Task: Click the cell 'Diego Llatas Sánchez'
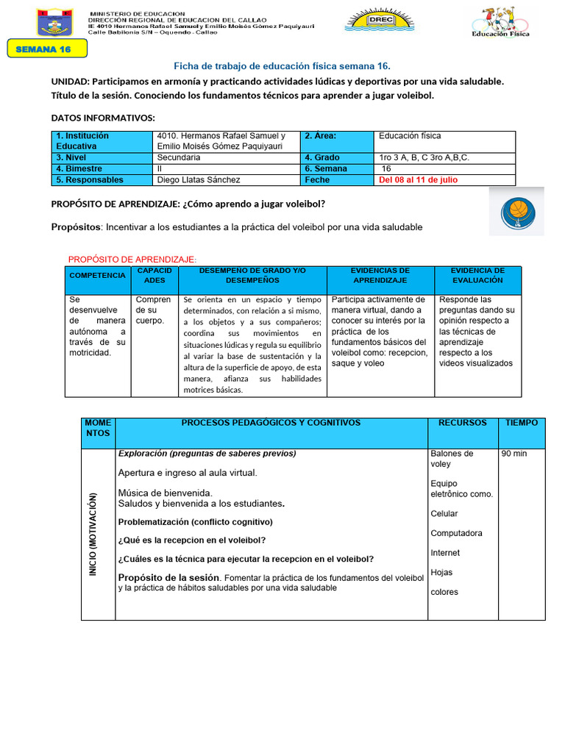tap(199, 180)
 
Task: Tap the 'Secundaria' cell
tap(179, 158)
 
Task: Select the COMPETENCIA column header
tap(97, 275)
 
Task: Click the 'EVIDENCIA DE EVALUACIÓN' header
tap(477, 275)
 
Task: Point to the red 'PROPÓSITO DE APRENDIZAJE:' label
tap(132, 260)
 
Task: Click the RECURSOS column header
tap(462, 423)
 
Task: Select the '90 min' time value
tap(515, 454)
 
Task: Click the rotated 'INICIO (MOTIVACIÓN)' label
tap(93, 535)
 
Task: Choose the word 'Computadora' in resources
tap(456, 533)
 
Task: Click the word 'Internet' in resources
tap(445, 553)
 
